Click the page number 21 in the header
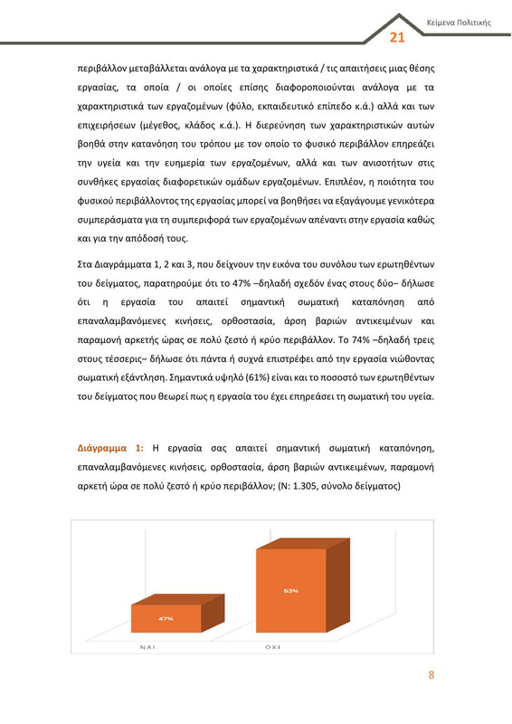[x=397, y=37]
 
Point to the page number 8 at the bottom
[x=431, y=675]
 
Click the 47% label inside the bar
[x=166, y=618]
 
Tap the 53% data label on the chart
[x=291, y=591]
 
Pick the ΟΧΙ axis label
[x=272, y=648]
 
